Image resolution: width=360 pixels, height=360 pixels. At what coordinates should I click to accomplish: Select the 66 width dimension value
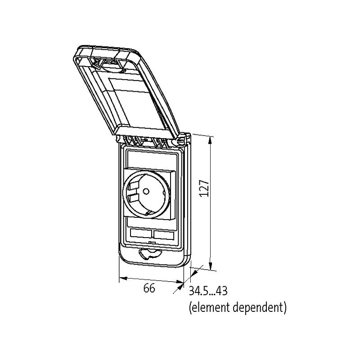(x=149, y=288)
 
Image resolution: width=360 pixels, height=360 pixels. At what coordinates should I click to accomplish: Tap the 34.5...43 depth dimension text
(x=208, y=291)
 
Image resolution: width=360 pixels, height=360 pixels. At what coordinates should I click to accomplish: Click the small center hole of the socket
(x=146, y=191)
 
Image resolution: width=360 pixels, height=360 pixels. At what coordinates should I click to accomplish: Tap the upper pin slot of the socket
(x=134, y=185)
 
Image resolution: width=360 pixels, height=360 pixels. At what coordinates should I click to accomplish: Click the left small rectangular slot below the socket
(x=141, y=234)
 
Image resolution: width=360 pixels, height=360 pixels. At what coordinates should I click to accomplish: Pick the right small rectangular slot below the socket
(x=163, y=235)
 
